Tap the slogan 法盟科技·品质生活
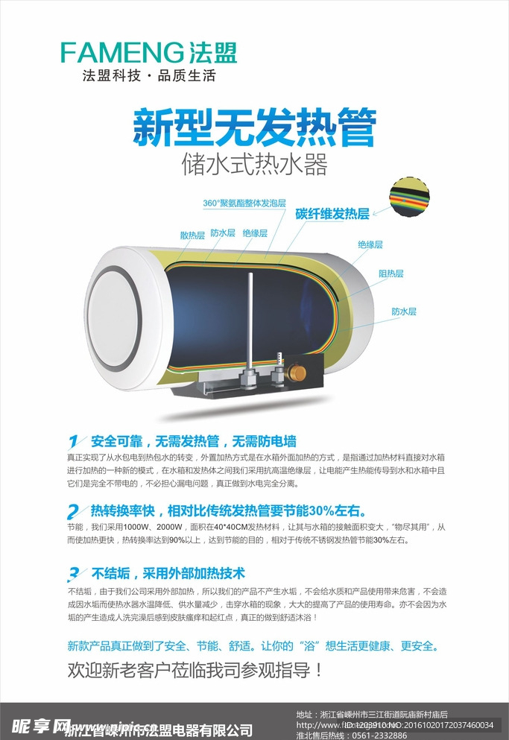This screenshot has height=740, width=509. [x=148, y=76]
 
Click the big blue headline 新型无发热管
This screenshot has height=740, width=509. [x=254, y=127]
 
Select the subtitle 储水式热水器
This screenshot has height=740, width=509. [x=254, y=163]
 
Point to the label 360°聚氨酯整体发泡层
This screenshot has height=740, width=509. [x=244, y=203]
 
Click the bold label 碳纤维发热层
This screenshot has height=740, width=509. [x=332, y=215]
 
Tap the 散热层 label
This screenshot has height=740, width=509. [x=192, y=235]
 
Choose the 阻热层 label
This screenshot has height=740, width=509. [x=391, y=273]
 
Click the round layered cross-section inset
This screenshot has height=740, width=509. [x=410, y=198]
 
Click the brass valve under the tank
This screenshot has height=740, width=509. [x=299, y=370]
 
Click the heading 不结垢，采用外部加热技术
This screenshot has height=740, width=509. [x=168, y=574]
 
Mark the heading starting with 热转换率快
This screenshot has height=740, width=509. [x=228, y=511]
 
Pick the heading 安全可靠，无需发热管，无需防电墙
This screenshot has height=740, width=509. [x=194, y=440]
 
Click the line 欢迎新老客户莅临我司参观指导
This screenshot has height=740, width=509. [x=195, y=670]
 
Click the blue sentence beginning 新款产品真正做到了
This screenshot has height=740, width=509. [x=253, y=645]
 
